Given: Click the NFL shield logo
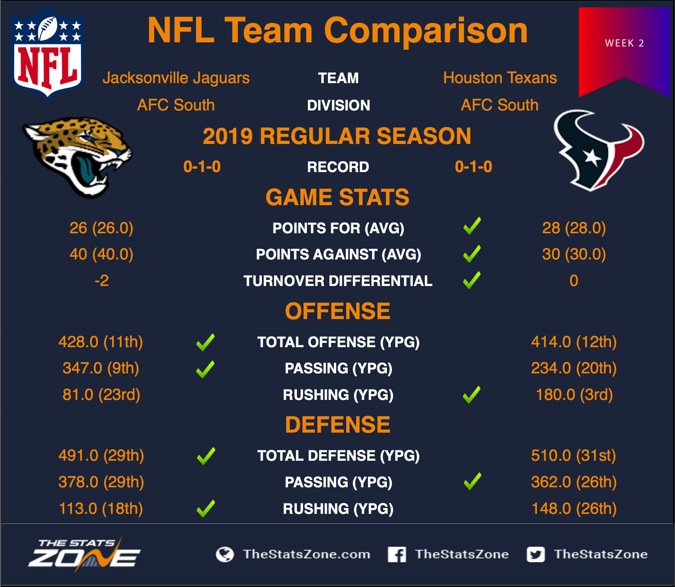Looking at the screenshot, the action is (48, 53).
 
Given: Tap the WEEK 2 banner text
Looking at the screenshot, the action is (624, 43).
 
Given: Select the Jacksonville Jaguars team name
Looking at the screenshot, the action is (176, 78).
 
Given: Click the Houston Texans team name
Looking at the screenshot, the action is (500, 78).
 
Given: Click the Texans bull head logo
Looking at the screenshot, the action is (598, 151).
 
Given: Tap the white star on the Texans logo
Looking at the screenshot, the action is (592, 157).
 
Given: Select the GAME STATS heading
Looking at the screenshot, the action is (337, 197).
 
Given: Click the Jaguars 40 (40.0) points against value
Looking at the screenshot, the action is (101, 254).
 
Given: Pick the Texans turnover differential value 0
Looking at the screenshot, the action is (574, 281).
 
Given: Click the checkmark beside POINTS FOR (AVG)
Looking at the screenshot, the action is (472, 226).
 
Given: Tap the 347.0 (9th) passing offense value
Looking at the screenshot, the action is (101, 368).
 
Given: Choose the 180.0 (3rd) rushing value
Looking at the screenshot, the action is (574, 395).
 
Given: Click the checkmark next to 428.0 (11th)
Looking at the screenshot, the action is (205, 342).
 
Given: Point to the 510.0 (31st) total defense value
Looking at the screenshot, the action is (573, 455).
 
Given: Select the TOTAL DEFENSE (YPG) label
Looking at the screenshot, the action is (338, 456).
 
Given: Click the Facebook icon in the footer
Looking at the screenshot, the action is (397, 554).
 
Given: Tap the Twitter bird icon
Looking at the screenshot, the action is (536, 555).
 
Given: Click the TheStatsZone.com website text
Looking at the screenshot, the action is (307, 554).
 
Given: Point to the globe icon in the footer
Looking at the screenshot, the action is (225, 555).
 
